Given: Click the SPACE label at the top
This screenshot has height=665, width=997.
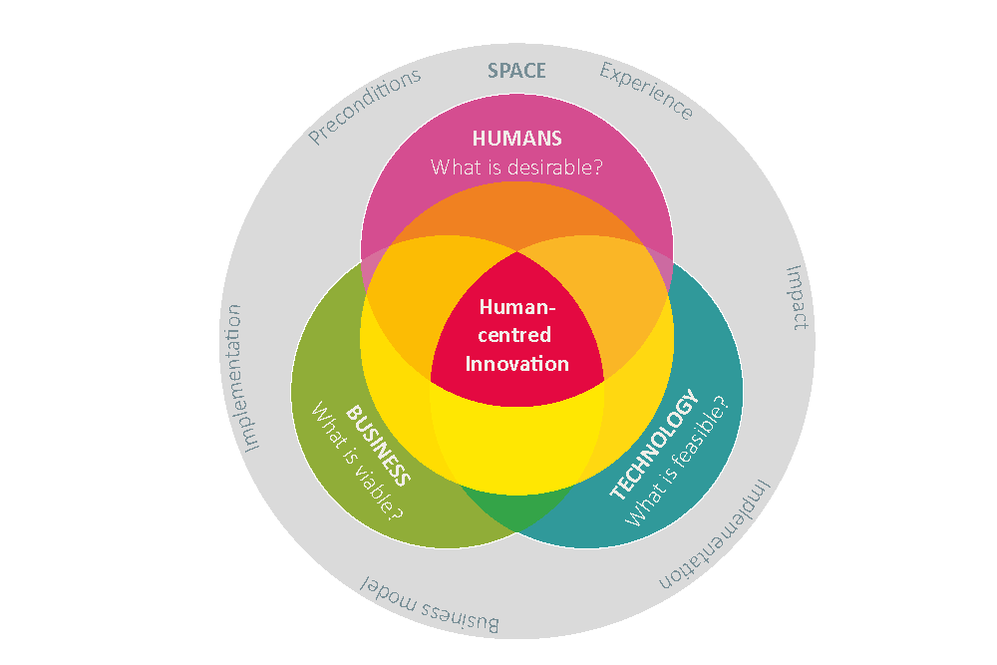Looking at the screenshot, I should [x=516, y=71].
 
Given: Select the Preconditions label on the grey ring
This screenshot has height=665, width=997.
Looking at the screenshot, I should [x=364, y=107].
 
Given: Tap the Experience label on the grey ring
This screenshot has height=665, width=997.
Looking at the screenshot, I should [x=646, y=91].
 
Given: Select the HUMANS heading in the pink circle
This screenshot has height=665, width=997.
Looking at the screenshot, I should [x=516, y=138].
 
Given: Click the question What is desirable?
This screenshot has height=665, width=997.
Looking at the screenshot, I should [x=516, y=166].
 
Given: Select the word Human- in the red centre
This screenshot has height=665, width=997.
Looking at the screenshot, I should [x=516, y=307].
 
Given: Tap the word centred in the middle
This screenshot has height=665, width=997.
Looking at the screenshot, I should [x=516, y=335].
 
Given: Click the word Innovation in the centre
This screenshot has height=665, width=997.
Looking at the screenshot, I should [x=516, y=363].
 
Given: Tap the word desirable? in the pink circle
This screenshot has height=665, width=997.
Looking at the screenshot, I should [x=554, y=166].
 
